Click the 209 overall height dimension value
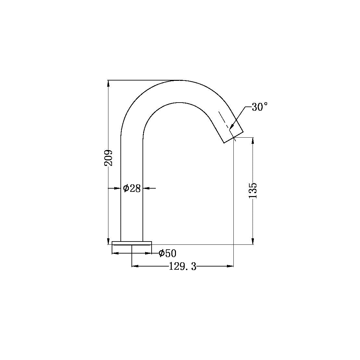(108, 158)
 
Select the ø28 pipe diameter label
(132, 188)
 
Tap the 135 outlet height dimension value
(253, 191)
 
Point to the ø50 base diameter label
(167, 254)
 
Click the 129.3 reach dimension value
(182, 267)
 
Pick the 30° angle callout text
(260, 107)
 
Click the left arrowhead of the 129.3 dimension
(135, 266)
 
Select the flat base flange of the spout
(132, 242)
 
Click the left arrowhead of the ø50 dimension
(115, 254)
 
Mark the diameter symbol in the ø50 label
(161, 254)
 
